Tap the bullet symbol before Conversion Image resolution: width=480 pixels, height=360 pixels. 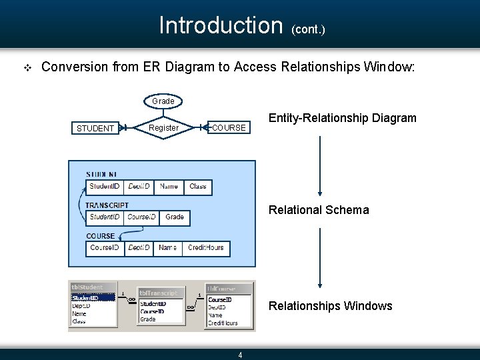click(27, 67)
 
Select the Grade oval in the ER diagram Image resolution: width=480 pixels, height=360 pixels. click(163, 101)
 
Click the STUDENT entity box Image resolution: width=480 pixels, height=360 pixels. click(95, 128)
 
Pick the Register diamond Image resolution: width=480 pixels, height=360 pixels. click(163, 127)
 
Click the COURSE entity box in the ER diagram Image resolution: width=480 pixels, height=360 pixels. click(229, 127)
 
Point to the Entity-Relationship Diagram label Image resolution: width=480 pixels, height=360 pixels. click(342, 118)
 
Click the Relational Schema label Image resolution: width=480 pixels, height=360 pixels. click(318, 210)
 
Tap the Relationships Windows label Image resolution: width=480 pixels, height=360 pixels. click(330, 306)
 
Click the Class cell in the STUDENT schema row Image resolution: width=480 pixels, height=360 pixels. click(198, 187)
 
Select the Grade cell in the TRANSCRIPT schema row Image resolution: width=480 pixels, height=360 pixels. click(175, 217)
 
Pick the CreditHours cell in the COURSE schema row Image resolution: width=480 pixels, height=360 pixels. click(205, 247)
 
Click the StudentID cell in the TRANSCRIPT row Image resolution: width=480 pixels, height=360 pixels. click(105, 217)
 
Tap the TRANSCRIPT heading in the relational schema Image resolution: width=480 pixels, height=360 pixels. click(107, 205)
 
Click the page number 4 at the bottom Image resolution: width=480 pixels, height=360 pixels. click(241, 355)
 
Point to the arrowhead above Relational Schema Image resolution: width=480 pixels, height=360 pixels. click(321, 193)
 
